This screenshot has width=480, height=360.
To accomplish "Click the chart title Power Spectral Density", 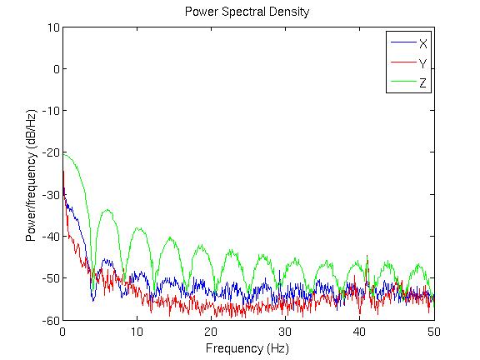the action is click(247, 12).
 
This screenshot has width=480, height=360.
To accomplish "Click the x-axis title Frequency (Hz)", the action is click(247, 348).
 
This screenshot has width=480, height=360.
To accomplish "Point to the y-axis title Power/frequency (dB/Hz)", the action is click(31, 175).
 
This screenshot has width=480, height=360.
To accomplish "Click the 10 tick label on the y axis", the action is click(53, 27).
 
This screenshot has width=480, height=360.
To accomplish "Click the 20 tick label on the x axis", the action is click(211, 332).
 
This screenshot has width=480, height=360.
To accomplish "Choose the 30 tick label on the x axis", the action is click(285, 332).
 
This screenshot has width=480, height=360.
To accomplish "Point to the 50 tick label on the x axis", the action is click(434, 332).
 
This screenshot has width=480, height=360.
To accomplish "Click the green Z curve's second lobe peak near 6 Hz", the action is click(107, 210).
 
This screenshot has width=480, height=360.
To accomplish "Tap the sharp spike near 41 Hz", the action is click(367, 256).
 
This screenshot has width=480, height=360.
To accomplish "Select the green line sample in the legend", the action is click(404, 82).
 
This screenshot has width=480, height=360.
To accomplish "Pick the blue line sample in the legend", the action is click(404, 42).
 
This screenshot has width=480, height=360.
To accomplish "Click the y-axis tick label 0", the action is click(57, 69).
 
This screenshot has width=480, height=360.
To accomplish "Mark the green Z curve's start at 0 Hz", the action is click(63, 154).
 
